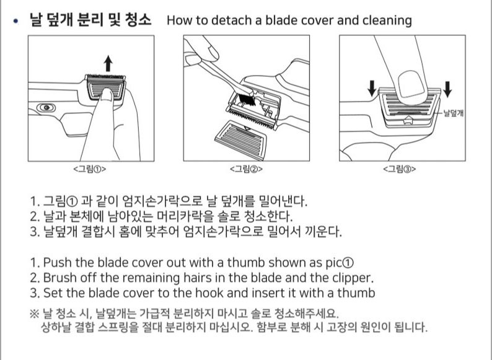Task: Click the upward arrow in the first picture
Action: pyautogui.click(x=108, y=63)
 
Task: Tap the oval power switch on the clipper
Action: pyautogui.click(x=46, y=108)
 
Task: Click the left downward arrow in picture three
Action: pyautogui.click(x=372, y=88)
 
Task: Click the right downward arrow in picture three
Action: pyautogui.click(x=447, y=89)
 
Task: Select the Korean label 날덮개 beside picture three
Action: pyautogui.click(x=454, y=113)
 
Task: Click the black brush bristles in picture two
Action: pyautogui.click(x=245, y=99)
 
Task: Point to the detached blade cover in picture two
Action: pyautogui.click(x=241, y=140)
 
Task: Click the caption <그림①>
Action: pyautogui.click(x=90, y=169)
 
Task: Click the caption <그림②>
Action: pyautogui.click(x=246, y=169)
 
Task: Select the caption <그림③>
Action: pyautogui.click(x=400, y=169)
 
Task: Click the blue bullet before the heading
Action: pyautogui.click(x=15, y=21)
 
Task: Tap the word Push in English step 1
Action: pyautogui.click(x=58, y=262)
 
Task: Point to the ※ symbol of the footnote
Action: pyautogui.click(x=34, y=314)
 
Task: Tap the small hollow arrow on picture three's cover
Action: pyautogui.click(x=408, y=119)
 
